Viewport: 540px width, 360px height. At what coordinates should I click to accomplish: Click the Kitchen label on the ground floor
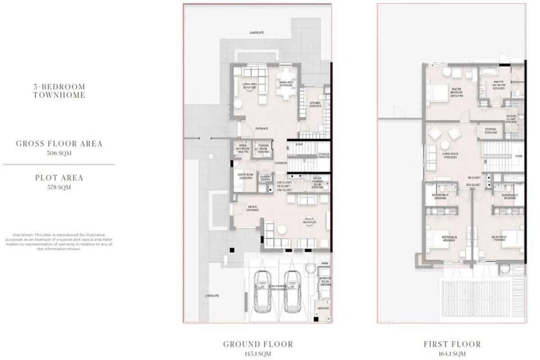315,105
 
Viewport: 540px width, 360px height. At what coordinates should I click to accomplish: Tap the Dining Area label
286,84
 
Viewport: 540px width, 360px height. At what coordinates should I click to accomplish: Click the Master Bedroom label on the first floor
457,92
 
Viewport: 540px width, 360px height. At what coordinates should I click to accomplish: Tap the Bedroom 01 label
499,238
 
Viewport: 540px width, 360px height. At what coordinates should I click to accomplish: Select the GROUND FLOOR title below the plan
258,344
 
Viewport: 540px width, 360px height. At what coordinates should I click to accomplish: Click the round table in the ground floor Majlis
283,229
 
